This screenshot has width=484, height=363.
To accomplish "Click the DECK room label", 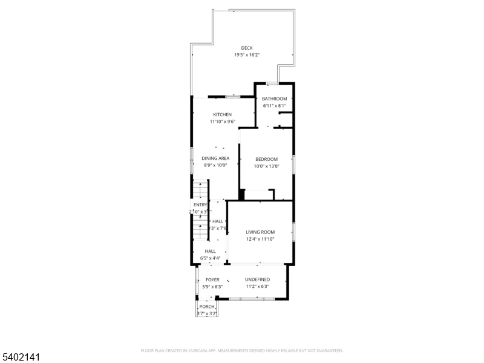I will coord(247,48).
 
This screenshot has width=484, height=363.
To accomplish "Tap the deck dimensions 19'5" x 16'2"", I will coord(247,55).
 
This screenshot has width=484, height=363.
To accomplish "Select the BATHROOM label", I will coord(275,99).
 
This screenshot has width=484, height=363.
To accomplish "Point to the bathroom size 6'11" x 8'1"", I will coord(275,106).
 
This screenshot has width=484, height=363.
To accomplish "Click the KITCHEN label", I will coord(222,114).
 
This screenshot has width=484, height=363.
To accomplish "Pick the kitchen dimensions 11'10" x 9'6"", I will coord(222,122).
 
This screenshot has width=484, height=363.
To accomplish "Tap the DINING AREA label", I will coord(215,158).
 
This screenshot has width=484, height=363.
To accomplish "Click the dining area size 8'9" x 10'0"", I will coord(215,165).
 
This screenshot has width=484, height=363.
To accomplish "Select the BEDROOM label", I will coord(266,159).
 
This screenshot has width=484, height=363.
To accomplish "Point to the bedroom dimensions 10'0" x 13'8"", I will coord(266,166).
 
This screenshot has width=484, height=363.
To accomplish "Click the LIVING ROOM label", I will coord(260,232).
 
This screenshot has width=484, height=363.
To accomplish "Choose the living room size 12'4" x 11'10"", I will coord(260,239).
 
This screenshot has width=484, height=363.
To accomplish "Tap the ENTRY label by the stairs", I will coord(200,205).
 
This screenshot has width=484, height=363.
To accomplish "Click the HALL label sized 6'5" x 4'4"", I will coord(210,251).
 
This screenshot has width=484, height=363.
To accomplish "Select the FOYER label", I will coord(212,280).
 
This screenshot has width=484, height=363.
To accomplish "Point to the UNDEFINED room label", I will coord(258,280).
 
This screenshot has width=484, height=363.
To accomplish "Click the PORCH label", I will coord(207,307).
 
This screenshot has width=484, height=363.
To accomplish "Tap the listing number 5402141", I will coord(22,358).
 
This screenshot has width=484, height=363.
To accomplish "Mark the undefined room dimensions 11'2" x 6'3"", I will coord(258,287).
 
